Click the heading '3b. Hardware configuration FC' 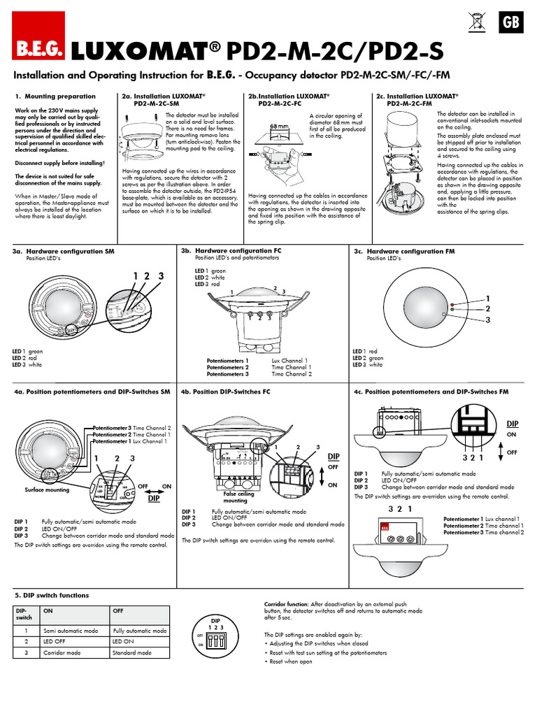coord(231,250)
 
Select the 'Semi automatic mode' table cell coord(69,631)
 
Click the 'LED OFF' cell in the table coord(55,642)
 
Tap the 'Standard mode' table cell coord(131,653)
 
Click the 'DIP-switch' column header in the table coord(24,613)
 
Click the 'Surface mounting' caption coord(48,490)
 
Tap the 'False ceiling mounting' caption coord(235,497)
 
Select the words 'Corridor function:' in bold coord(287,603)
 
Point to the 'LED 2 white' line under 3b coord(210,278)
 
